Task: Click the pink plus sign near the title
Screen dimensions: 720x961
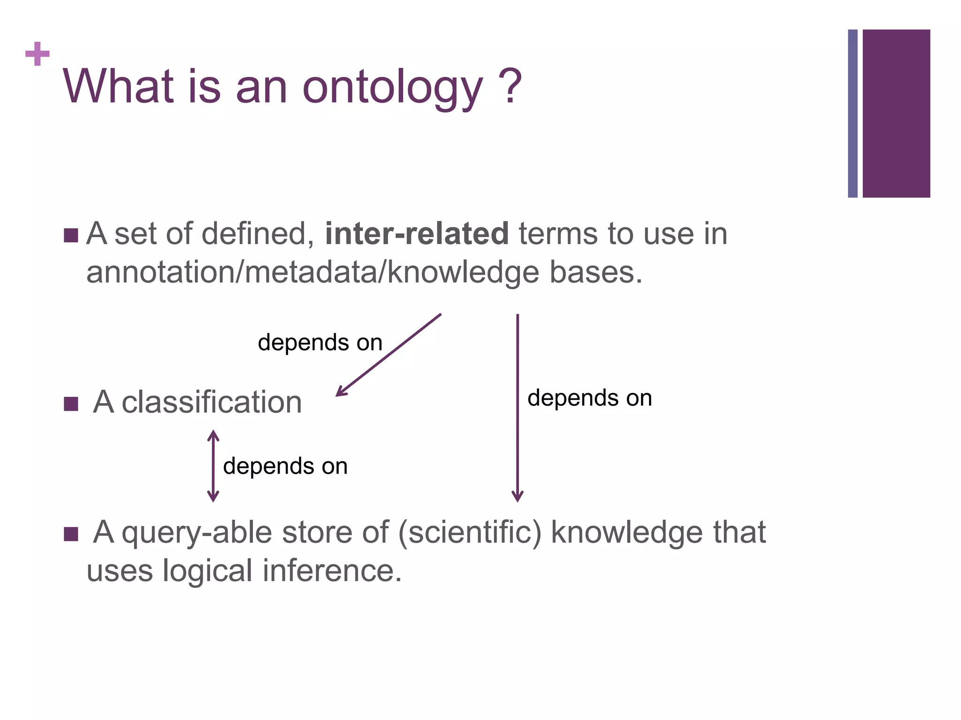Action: (38, 54)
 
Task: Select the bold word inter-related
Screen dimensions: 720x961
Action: (416, 233)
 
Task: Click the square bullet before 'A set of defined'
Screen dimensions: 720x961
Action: (71, 235)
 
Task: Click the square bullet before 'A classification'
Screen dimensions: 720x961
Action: (71, 404)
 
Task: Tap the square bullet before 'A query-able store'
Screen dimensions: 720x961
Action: (71, 534)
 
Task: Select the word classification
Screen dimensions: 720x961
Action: (212, 402)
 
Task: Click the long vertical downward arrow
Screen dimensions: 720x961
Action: (518, 408)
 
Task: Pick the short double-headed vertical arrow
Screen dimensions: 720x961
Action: (213, 466)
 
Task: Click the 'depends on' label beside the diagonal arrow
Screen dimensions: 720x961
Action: (320, 342)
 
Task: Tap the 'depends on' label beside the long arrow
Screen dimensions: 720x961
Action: (589, 398)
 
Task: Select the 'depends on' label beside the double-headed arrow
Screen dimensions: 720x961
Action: (285, 466)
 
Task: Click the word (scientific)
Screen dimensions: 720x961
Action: (470, 532)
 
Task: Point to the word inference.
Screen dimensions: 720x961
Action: (331, 571)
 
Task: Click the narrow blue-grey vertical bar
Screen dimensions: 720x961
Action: (853, 113)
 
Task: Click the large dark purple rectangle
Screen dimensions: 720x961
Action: (896, 113)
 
